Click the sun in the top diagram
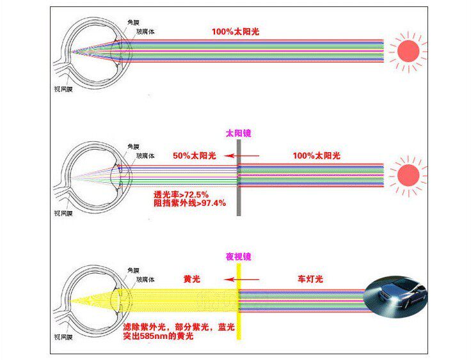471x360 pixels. (x=408, y=51)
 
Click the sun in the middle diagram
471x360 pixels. (x=408, y=175)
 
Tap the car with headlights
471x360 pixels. (x=395, y=297)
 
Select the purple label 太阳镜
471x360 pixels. (x=239, y=133)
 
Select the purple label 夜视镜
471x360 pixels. (x=239, y=256)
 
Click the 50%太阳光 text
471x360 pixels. (x=195, y=155)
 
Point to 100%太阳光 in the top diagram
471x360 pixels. (x=235, y=31)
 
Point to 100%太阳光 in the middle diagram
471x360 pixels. (x=317, y=155)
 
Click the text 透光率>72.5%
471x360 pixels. (x=181, y=194)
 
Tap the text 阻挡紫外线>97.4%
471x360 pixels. (x=190, y=203)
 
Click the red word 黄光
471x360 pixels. (x=191, y=279)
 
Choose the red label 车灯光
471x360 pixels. (x=310, y=279)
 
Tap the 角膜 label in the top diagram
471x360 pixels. (x=133, y=22)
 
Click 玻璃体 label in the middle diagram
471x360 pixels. (x=145, y=155)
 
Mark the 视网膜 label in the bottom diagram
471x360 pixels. (x=63, y=337)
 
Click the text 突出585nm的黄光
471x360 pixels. (x=158, y=336)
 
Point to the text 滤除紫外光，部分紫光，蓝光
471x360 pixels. (x=179, y=327)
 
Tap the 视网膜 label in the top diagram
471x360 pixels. (x=63, y=89)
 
